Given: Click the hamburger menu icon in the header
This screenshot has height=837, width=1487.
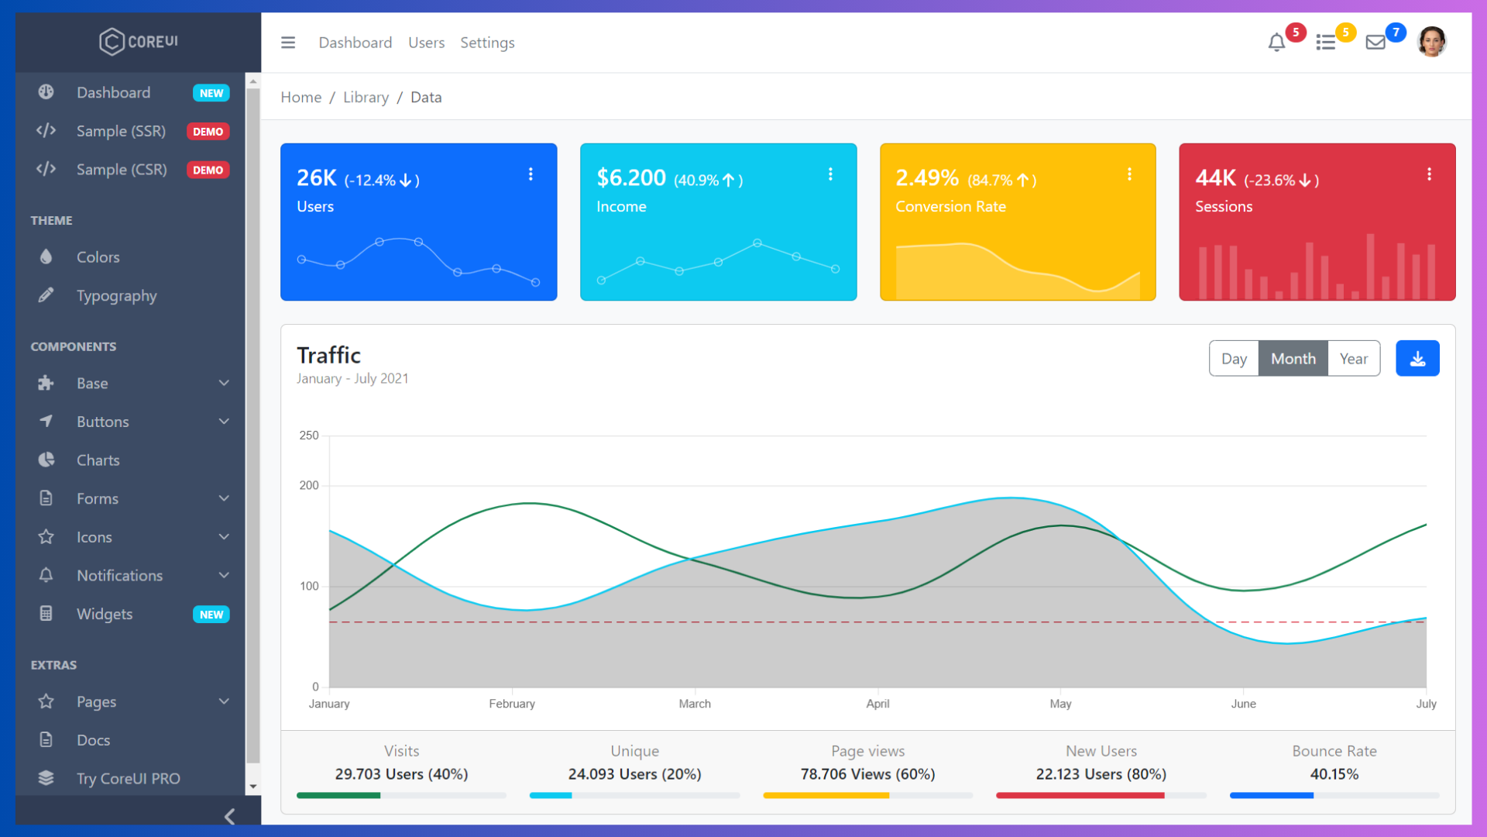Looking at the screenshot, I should [x=288, y=43].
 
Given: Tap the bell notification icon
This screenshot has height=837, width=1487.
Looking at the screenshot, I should [x=1276, y=43].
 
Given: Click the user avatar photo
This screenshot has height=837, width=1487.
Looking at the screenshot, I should [x=1431, y=42].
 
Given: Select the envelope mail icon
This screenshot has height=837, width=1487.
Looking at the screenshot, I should [x=1375, y=43].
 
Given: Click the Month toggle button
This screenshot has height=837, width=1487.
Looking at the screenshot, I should [x=1293, y=359].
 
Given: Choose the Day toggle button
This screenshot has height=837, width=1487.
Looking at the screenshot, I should [x=1234, y=359].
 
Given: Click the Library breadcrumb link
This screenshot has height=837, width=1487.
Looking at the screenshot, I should [x=366, y=97].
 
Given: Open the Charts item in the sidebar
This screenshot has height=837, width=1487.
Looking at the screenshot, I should [x=98, y=460].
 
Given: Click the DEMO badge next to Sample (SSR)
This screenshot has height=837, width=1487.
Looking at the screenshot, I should [x=208, y=132].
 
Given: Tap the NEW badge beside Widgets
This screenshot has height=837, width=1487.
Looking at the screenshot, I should [x=211, y=615].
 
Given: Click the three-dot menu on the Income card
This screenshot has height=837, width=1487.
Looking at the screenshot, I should [x=830, y=174].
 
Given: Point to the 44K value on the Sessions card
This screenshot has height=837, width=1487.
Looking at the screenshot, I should [x=1215, y=178].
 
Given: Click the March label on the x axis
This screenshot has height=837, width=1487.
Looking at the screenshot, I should [x=695, y=704].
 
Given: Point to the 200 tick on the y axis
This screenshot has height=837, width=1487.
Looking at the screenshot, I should [x=309, y=486].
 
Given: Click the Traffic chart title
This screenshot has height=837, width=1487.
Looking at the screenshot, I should [x=329, y=356].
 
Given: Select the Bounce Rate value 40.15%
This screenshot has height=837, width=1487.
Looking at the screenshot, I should [x=1334, y=774].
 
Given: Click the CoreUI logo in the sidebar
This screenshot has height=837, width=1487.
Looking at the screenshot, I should [x=139, y=42].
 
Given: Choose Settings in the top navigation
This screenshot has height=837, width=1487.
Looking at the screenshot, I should [x=487, y=43].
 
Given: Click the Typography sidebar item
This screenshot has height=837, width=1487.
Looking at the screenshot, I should [x=116, y=296].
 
